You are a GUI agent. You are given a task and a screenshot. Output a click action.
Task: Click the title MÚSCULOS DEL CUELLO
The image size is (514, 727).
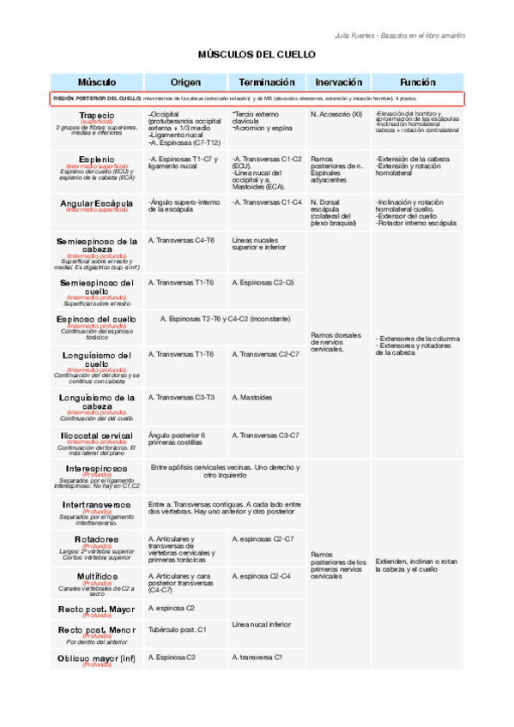257,54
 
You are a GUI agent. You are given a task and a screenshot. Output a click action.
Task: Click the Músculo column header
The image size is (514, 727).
97,81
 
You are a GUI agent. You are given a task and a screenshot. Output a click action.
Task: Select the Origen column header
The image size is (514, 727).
185,81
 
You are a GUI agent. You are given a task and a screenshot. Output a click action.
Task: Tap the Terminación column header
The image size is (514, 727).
267,81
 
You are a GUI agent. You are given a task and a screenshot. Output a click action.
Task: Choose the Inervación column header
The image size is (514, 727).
338,81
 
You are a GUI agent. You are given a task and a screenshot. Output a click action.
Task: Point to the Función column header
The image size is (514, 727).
418,81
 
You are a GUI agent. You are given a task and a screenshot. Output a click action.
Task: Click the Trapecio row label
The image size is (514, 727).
97,115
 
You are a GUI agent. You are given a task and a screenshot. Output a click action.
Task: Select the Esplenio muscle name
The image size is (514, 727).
97,159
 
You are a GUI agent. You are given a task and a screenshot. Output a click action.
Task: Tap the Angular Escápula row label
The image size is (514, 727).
97,203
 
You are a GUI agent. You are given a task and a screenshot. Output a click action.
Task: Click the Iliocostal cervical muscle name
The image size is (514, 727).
97,436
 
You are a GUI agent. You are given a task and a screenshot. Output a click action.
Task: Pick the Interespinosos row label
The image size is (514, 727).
97,469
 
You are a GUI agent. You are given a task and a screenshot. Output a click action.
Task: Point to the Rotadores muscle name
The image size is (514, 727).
97,539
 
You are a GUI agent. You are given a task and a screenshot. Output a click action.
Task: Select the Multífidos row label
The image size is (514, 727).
97,576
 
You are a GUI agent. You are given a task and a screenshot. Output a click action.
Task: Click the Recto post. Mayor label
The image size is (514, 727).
97,609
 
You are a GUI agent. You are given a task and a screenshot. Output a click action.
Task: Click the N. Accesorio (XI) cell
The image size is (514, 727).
336,114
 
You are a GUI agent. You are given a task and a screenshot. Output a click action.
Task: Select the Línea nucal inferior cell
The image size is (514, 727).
262,624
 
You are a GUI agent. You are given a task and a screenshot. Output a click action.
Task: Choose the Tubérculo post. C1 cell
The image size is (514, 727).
178,629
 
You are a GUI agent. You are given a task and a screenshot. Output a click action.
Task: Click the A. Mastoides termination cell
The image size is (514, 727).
252,397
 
